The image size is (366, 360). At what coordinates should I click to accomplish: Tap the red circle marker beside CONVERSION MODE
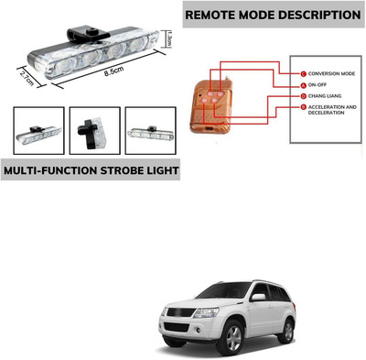(303, 73)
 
